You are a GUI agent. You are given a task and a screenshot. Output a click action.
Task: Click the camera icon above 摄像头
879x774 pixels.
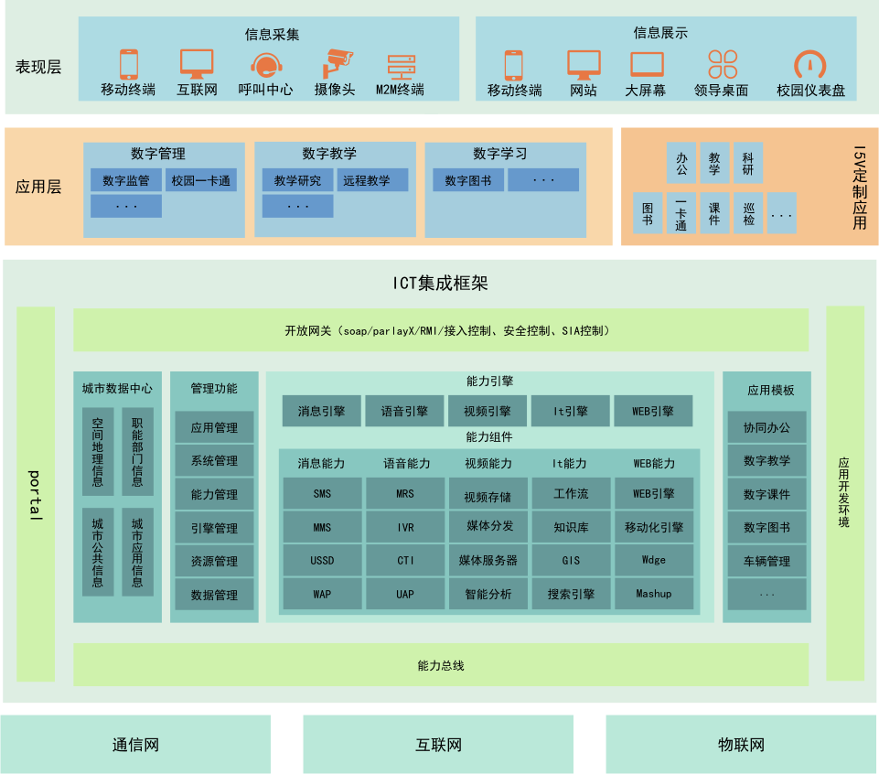[337, 64]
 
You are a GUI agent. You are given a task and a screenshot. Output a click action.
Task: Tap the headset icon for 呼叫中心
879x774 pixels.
[265, 65]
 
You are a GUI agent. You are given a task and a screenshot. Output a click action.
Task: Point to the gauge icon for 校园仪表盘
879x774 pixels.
[809, 65]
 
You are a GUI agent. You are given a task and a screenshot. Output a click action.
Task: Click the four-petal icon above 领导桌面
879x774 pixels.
[722, 65]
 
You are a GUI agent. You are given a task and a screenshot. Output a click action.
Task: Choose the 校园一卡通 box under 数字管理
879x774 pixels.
[201, 180]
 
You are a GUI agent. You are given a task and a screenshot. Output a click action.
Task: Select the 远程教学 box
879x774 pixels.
[371, 180]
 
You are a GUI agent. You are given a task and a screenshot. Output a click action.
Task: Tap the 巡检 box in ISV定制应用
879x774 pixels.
[747, 213]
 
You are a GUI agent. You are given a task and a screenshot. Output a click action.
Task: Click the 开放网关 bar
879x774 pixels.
[441, 330]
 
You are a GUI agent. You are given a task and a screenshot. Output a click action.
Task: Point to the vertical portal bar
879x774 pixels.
[36, 494]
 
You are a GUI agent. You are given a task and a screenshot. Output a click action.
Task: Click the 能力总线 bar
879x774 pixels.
[441, 665]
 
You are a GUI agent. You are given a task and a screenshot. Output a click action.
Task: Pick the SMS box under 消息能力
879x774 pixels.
[322, 494]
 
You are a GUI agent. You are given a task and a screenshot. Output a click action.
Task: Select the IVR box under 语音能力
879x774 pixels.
[405, 527]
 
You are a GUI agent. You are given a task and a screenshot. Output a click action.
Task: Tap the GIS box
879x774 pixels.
[571, 560]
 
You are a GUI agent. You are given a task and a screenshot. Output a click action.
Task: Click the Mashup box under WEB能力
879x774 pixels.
[653, 594]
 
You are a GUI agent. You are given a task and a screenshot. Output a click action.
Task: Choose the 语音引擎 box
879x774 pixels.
[404, 412]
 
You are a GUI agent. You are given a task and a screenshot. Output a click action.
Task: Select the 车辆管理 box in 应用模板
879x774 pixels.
[766, 561]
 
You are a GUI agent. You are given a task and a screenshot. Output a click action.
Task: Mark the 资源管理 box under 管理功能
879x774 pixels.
[214, 561]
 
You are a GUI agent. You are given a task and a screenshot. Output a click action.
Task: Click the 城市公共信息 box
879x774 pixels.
[98, 552]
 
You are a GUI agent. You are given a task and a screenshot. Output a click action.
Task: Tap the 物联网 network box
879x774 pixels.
[741, 745]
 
